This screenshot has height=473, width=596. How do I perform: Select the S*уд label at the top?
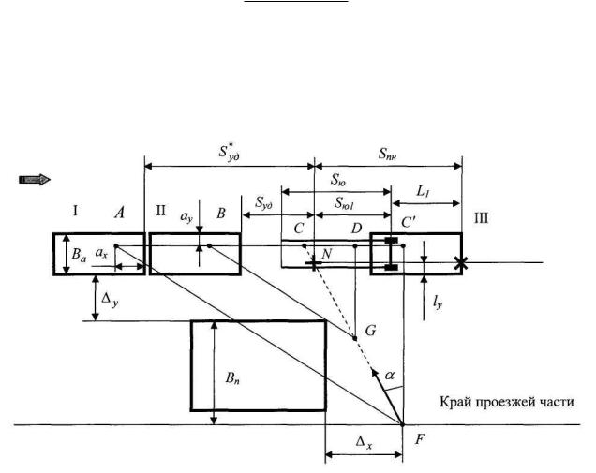(x=228, y=153)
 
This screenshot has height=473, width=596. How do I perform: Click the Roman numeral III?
(x=482, y=215)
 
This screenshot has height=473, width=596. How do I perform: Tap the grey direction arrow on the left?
(x=36, y=178)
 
